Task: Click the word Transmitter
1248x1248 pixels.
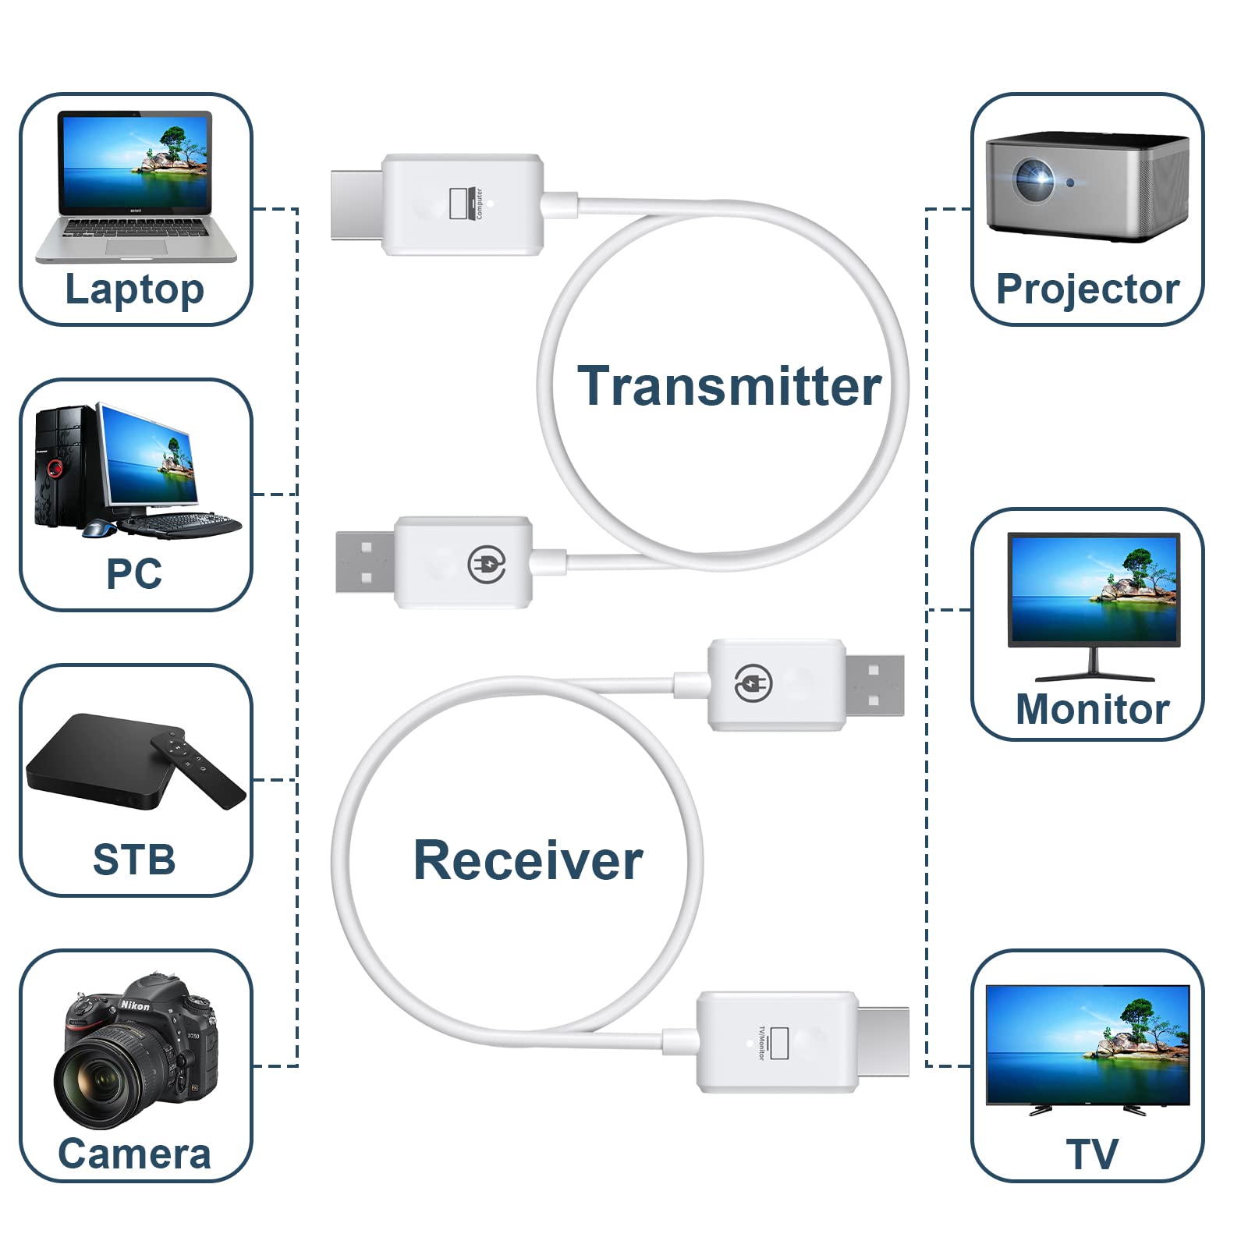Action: pyautogui.click(x=729, y=386)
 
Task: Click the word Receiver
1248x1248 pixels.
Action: pyautogui.click(x=528, y=860)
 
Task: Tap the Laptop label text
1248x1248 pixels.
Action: pyautogui.click(x=134, y=289)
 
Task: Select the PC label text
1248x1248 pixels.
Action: pyautogui.click(x=134, y=574)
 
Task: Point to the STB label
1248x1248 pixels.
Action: pyautogui.click(x=134, y=860)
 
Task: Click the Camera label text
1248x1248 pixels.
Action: pyautogui.click(x=134, y=1154)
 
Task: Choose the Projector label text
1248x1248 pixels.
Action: pyautogui.click(x=1087, y=289)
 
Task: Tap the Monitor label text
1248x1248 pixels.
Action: pyautogui.click(x=1092, y=710)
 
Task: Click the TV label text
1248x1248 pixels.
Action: pyautogui.click(x=1092, y=1154)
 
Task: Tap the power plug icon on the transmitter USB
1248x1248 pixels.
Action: pyautogui.click(x=487, y=563)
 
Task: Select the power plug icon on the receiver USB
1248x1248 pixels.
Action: pyautogui.click(x=753, y=684)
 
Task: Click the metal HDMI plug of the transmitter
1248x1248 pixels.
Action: pyautogui.click(x=356, y=204)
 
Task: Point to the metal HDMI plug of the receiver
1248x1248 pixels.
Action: pyautogui.click(x=883, y=1042)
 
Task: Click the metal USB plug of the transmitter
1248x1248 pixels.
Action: pyautogui.click(x=365, y=562)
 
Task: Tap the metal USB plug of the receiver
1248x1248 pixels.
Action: pyautogui.click(x=875, y=685)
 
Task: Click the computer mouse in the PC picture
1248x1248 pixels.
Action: pyautogui.click(x=100, y=529)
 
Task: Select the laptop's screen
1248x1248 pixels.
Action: pyautogui.click(x=136, y=162)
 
